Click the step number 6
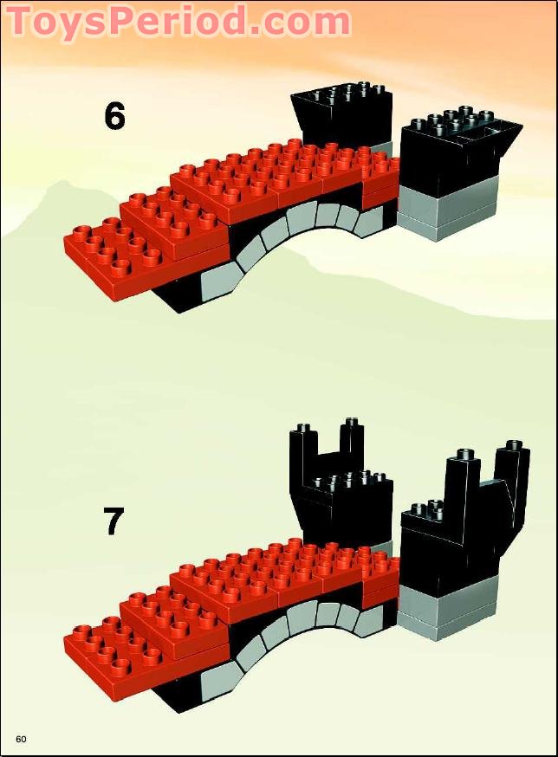tap(114, 116)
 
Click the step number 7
tap(114, 521)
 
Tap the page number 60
tap(21, 739)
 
